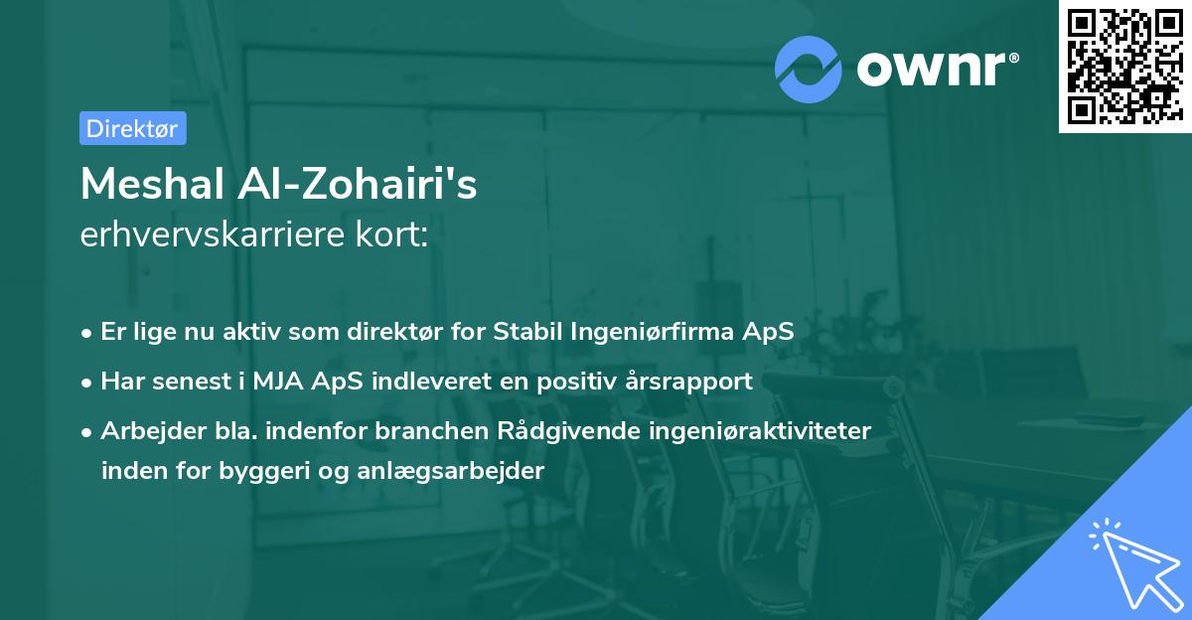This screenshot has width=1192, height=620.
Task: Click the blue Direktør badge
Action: click(133, 128)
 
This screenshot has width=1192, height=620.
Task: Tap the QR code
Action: click(1124, 67)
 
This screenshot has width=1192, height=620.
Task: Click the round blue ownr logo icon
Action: click(808, 70)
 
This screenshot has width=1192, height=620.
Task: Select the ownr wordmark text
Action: click(932, 69)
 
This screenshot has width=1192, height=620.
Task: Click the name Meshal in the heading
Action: click(152, 184)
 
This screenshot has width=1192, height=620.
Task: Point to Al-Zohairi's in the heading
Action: click(357, 184)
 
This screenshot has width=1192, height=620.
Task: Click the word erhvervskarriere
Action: click(213, 234)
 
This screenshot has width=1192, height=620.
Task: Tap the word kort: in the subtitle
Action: click(391, 234)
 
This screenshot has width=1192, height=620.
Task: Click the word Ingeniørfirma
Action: click(653, 333)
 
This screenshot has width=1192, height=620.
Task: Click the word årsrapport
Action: click(688, 383)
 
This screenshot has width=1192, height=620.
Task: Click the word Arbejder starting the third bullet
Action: click(153, 431)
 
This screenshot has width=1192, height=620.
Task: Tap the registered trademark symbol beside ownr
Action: click(1013, 58)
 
